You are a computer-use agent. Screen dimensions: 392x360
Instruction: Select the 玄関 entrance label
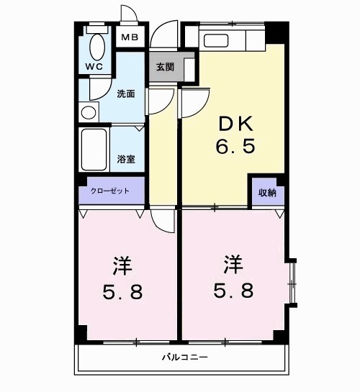pos(165,67)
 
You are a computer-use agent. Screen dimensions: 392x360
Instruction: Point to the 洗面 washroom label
pos(125,94)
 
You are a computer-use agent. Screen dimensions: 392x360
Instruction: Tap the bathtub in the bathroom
pos(94,150)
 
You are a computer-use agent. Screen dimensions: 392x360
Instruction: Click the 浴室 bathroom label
pos(126,159)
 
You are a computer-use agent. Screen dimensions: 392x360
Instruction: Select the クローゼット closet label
pos(110,191)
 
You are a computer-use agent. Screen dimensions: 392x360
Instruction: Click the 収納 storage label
pos(267,192)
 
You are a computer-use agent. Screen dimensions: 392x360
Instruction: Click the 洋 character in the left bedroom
pos(121,265)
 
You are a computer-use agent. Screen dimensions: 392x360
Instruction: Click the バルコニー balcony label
pos(184,357)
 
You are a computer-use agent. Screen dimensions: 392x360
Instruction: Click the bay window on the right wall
pos(292,281)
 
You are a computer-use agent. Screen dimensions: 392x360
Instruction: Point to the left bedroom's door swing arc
pos(165,221)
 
